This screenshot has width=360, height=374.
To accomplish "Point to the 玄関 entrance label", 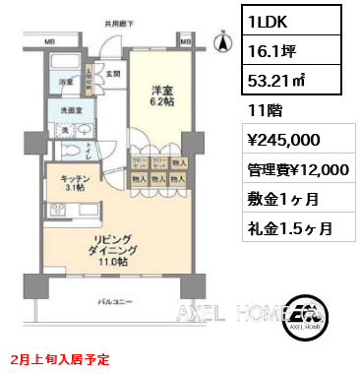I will (x=113, y=73).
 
